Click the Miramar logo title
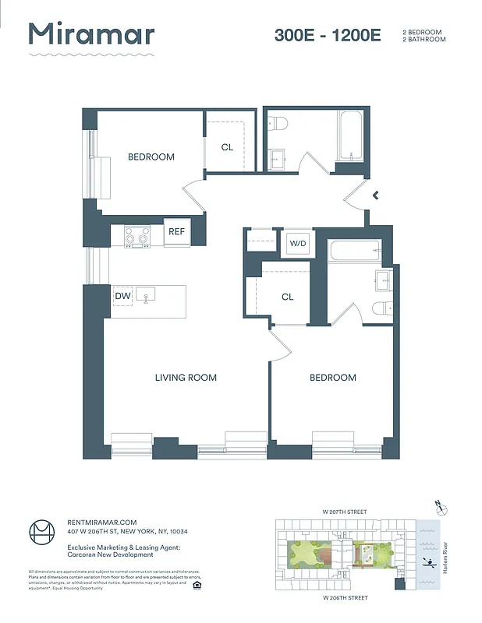91,35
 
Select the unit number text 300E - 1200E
327,35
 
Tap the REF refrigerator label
177,231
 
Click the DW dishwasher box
122,296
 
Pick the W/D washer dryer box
298,243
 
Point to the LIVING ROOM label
186,378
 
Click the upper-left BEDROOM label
151,157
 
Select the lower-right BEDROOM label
332,378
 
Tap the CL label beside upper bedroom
227,146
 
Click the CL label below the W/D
287,297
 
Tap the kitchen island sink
147,294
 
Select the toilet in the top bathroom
278,123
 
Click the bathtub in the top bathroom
349,136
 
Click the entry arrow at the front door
376,195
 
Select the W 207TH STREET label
345,512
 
